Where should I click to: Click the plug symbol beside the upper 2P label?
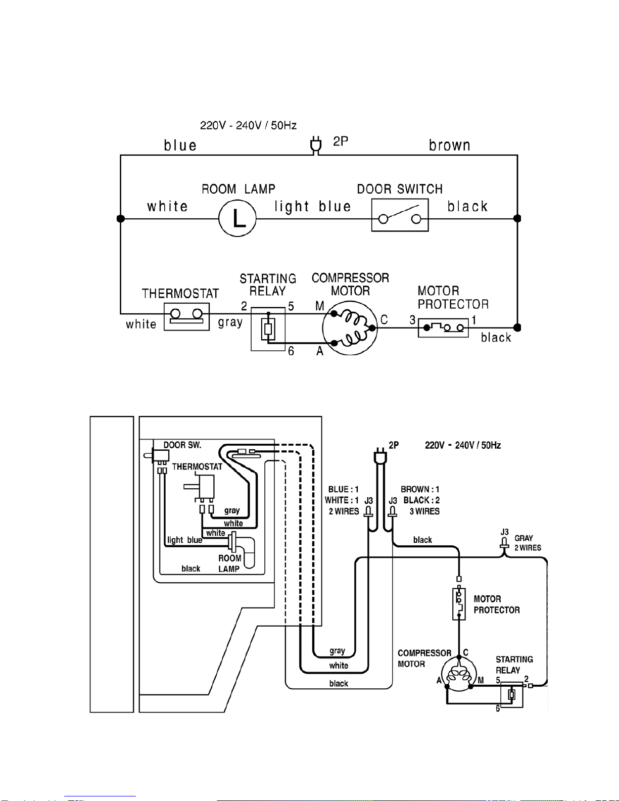click(315, 145)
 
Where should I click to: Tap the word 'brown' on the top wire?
click(450, 145)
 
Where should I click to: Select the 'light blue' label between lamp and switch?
click(312, 206)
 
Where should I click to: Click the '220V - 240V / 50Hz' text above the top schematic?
click(248, 126)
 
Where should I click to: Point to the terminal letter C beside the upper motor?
click(384, 319)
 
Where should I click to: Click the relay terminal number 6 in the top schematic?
click(291, 351)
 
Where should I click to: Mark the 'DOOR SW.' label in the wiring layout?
click(182, 445)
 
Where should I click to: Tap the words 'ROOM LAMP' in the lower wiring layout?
click(229, 563)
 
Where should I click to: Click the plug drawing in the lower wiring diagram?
click(380, 456)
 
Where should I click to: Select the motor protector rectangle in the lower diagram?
click(459, 604)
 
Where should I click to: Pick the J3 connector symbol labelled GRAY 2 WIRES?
click(504, 543)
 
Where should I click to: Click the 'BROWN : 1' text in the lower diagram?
click(420, 489)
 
